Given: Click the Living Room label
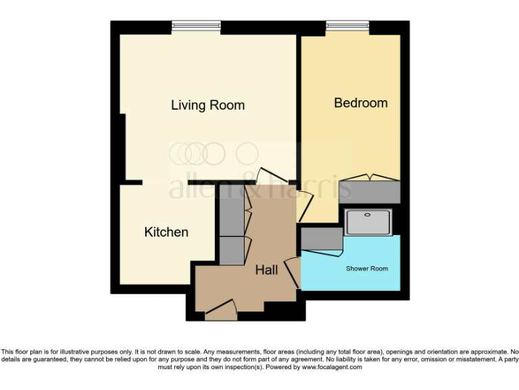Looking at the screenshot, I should [207, 105].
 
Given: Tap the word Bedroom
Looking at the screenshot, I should [361, 103].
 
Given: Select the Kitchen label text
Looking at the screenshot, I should [166, 232].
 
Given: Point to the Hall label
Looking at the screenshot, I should [266, 270].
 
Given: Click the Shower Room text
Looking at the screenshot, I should [367, 269].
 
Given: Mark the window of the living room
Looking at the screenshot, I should [196, 26].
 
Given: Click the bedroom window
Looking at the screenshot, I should [347, 26].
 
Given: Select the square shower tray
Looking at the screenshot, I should [368, 222].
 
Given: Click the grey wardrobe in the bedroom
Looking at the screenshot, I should [371, 192].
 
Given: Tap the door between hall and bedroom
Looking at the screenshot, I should [305, 207].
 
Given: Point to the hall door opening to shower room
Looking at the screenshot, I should [293, 272].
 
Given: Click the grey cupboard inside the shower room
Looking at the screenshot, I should [322, 238].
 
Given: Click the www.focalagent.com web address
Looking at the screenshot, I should [331, 368].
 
